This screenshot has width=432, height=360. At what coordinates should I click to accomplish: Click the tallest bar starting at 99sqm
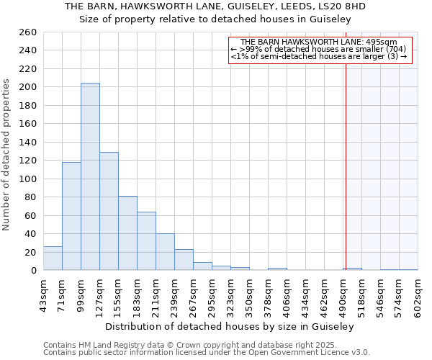[90, 176]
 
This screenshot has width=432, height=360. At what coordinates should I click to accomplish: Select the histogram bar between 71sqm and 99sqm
[71, 216]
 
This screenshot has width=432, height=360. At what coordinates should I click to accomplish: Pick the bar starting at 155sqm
[127, 233]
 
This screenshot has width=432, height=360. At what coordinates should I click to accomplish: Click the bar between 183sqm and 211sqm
[146, 241]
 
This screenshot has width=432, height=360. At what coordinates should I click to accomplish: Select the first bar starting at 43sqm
[53, 258]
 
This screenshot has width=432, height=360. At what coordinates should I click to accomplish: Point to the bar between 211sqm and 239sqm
[165, 252]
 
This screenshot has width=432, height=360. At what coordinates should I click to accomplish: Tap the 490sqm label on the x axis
[343, 294]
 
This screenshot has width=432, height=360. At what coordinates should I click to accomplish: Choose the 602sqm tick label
[418, 294]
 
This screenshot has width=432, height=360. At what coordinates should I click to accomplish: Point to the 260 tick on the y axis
[28, 32]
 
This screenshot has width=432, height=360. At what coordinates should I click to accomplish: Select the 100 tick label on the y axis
[28, 179]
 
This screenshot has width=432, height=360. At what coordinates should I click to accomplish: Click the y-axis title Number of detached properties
[7, 151]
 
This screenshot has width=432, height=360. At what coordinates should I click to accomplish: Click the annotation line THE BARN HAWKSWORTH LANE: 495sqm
[319, 42]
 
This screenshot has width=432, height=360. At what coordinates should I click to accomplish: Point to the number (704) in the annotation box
[397, 49]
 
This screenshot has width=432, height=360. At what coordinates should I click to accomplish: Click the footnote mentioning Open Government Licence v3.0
[207, 352]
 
